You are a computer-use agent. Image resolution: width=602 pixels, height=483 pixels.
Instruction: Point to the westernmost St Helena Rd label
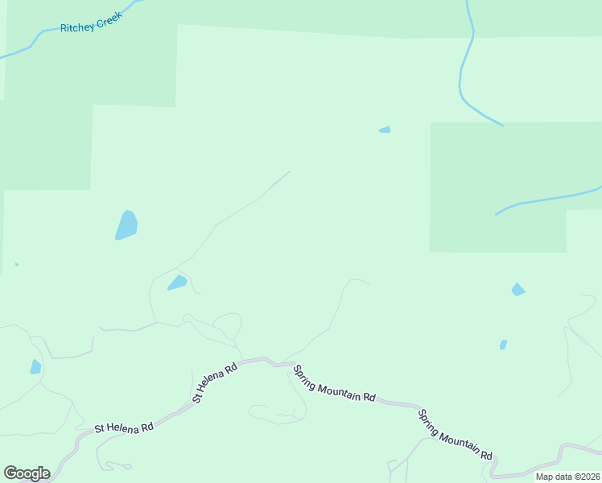click(124, 427)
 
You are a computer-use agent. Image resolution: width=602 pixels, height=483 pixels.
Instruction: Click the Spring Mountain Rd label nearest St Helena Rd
click(334, 384)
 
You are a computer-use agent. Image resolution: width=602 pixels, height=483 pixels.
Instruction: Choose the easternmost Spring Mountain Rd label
click(455, 435)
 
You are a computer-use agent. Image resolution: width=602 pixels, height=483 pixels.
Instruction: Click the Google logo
click(27, 473)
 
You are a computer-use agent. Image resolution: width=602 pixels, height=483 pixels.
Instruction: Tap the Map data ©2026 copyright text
click(567, 477)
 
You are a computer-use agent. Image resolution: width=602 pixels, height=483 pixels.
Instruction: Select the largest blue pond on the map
click(126, 225)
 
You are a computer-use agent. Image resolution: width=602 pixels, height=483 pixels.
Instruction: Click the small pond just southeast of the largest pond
click(177, 283)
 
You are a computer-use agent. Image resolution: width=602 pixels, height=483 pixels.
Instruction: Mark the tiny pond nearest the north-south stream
click(385, 130)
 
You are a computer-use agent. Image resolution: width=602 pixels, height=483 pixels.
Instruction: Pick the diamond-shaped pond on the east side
click(517, 290)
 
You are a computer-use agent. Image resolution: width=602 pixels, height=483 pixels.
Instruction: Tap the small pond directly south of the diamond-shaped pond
click(503, 345)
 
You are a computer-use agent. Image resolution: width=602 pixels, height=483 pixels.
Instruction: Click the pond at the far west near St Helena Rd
click(35, 367)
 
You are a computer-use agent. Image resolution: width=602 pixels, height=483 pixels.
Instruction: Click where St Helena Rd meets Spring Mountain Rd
click(278, 363)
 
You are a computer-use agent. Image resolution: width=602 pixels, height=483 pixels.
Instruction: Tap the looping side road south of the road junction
click(278, 413)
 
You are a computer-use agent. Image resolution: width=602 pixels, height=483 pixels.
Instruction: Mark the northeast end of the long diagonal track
click(289, 171)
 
